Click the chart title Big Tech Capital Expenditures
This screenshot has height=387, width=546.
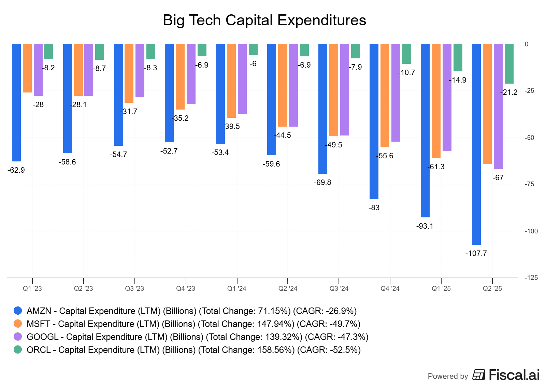(x=264, y=20)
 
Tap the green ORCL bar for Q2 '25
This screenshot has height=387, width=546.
(x=509, y=64)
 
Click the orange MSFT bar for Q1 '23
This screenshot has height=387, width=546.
(x=27, y=68)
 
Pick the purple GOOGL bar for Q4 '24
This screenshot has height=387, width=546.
(x=396, y=92)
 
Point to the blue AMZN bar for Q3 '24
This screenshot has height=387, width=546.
(x=322, y=109)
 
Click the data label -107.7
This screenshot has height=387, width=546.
(x=476, y=254)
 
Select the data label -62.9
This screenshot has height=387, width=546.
(x=16, y=170)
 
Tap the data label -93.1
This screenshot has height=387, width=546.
(x=425, y=226)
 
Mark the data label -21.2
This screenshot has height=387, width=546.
(x=509, y=92)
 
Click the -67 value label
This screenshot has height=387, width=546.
(x=498, y=178)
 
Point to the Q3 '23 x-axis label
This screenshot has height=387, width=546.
(x=134, y=289)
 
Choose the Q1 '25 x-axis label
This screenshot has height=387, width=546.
(x=441, y=289)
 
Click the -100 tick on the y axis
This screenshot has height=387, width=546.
(x=531, y=231)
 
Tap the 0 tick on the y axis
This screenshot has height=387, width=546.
(x=527, y=44)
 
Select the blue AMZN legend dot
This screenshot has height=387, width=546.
(x=18, y=311)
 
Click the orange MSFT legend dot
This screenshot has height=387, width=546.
(x=18, y=324)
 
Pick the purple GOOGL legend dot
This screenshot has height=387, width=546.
(x=18, y=336)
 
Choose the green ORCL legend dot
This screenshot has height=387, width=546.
(x=18, y=349)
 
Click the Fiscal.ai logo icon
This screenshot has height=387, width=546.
(x=479, y=375)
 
